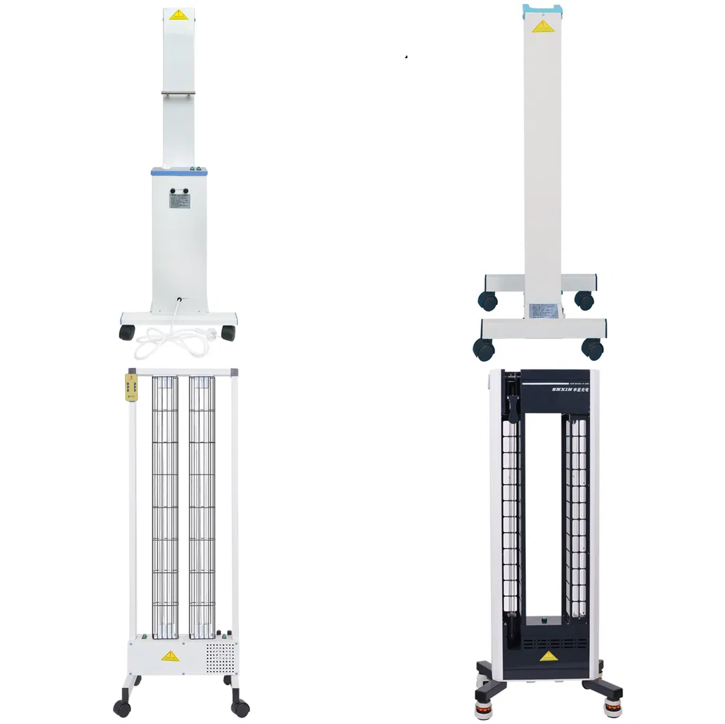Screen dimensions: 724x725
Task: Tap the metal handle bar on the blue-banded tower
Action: click(x=178, y=94)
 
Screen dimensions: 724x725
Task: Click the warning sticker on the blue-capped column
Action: click(x=542, y=27)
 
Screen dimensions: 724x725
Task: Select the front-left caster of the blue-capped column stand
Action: click(x=484, y=349)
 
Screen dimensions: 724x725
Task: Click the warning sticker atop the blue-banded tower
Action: click(x=178, y=14)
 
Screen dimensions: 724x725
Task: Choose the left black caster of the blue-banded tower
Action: click(x=127, y=332)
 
